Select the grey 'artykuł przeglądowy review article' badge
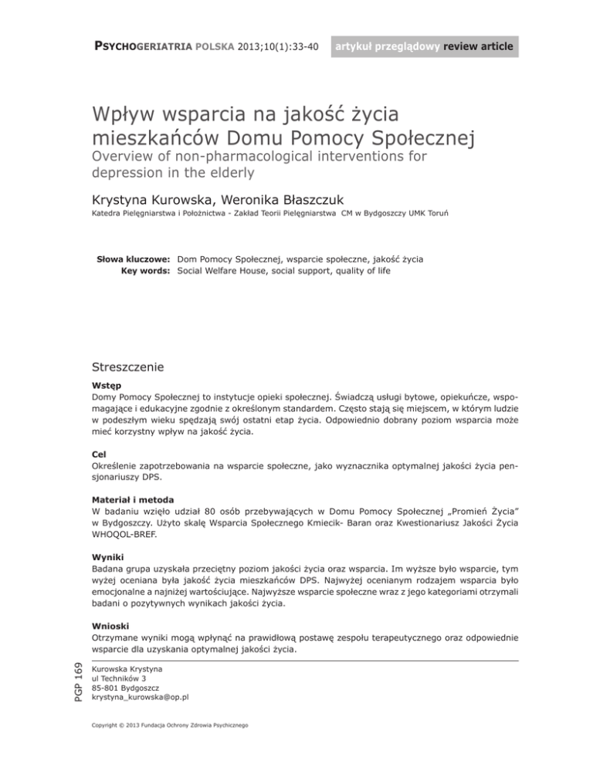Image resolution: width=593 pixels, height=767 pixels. coord(423,49)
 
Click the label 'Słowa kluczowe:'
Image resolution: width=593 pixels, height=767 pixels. coord(132,258)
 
